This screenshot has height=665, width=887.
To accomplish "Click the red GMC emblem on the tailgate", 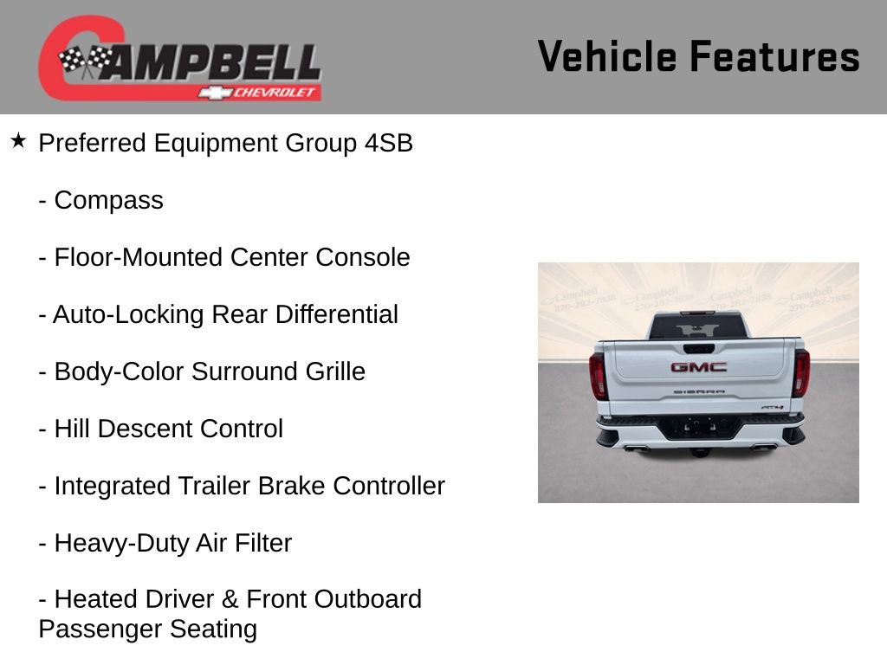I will pyautogui.click(x=698, y=367).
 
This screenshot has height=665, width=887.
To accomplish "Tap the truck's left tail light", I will pyautogui.click(x=598, y=375).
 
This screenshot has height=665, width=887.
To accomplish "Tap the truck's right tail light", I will pyautogui.click(x=801, y=373).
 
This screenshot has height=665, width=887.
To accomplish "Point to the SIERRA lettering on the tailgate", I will pyautogui.click(x=697, y=392).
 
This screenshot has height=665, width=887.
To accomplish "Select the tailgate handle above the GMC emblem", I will pyautogui.click(x=698, y=348).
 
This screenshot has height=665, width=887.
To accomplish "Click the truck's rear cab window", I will pyautogui.click(x=697, y=326).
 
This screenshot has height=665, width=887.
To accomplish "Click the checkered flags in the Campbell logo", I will pyautogui.click(x=85, y=61).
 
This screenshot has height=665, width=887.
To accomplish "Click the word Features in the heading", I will pyautogui.click(x=775, y=57).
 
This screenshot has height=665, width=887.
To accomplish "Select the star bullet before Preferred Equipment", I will pyautogui.click(x=18, y=140).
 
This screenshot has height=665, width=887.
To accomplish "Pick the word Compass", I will pyautogui.click(x=108, y=200).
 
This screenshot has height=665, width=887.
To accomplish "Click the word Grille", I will pyautogui.click(x=335, y=371).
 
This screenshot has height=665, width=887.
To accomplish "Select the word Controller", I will pyautogui.click(x=389, y=486).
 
